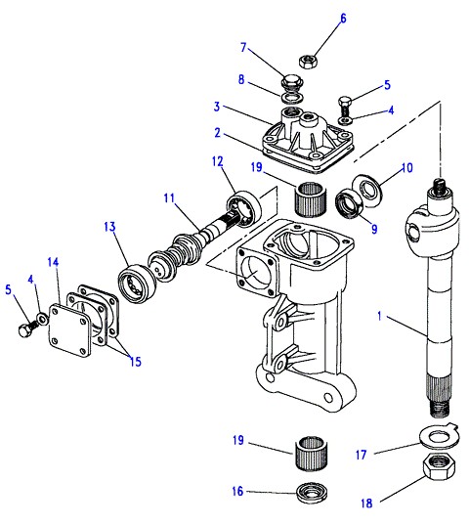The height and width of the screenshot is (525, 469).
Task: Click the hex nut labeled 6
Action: (x=308, y=62)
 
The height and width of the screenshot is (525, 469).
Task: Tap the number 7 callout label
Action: (x=243, y=48)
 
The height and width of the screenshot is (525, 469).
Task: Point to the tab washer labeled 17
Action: (x=440, y=436)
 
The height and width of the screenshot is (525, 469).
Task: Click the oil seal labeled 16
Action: (x=312, y=493)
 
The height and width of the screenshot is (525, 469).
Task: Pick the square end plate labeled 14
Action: (x=69, y=330)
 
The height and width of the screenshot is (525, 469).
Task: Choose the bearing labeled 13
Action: (x=137, y=284)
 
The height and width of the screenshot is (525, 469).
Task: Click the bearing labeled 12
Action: (x=243, y=209)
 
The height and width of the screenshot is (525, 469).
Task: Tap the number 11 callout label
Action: (x=169, y=198)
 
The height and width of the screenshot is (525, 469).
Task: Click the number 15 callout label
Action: (x=136, y=362)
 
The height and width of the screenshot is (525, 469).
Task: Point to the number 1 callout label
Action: (x=379, y=316)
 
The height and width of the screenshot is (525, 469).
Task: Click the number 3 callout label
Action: (x=217, y=107)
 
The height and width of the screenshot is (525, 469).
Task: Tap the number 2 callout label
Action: (x=218, y=133)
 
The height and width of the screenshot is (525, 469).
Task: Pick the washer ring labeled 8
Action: (x=292, y=98)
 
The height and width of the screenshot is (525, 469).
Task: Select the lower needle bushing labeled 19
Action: (x=312, y=454)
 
